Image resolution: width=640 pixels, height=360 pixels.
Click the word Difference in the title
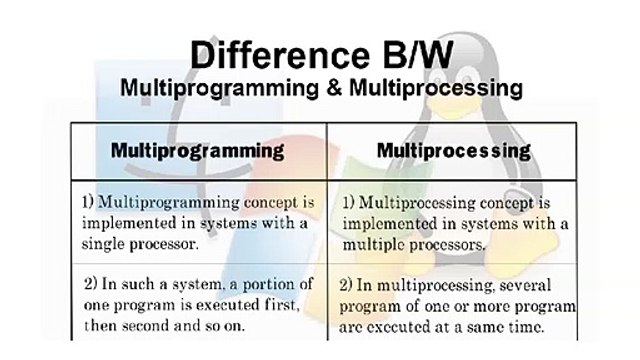[x=280, y=55]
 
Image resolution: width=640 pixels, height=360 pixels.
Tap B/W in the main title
[x=418, y=55]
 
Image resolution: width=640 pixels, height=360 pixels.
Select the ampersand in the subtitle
[x=334, y=88]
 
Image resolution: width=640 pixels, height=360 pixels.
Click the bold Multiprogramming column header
[x=198, y=151]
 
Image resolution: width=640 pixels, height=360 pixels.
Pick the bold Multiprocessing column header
[x=454, y=151]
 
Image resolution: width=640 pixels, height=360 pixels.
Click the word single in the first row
[x=103, y=244]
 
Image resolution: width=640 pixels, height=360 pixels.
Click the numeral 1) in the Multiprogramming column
[x=88, y=202]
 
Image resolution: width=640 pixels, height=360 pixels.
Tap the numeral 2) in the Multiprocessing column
[x=345, y=285]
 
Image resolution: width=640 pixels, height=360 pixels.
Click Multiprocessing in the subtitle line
[x=436, y=88]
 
